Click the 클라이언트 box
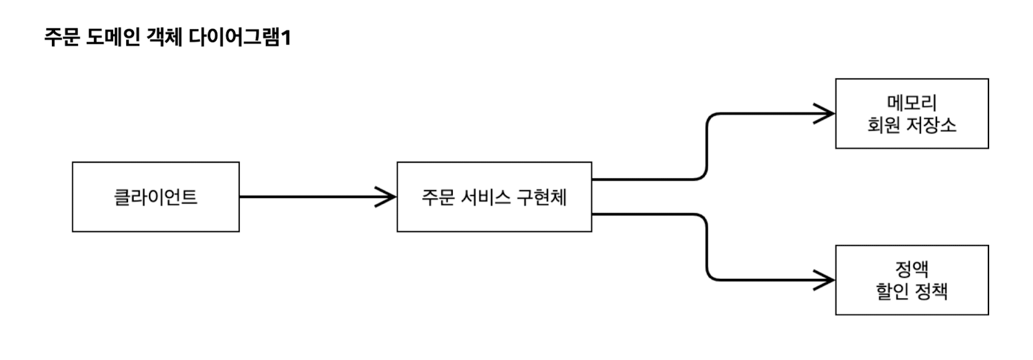[x=155, y=197]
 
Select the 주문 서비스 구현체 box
[x=494, y=197]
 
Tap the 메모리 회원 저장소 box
[x=911, y=113]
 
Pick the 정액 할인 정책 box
[x=911, y=280]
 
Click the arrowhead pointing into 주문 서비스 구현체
[x=388, y=197]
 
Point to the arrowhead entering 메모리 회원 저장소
[x=827, y=113]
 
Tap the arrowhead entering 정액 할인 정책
[x=827, y=280]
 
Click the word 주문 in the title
[x=62, y=38]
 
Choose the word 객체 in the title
[x=165, y=38]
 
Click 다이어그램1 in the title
[x=239, y=38]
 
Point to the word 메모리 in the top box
[x=912, y=102]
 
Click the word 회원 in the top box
[x=883, y=125]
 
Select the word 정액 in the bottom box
[x=912, y=268]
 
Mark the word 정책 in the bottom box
[x=930, y=291]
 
